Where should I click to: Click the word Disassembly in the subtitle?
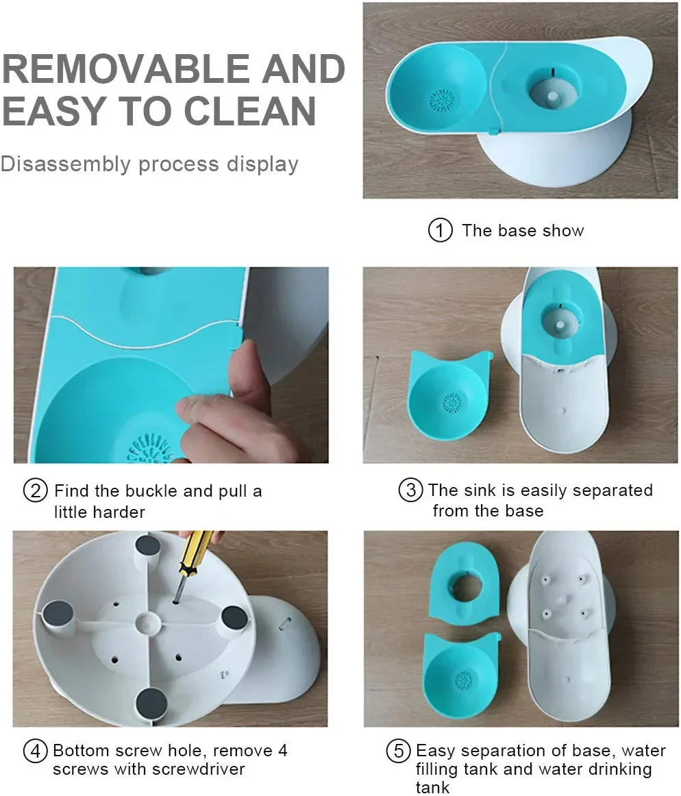pos(66,164)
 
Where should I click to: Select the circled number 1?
pos(440,230)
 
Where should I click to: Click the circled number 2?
pos(35,491)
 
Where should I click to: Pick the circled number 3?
pos(410,490)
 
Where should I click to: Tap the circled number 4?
pos(35,750)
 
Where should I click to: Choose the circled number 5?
pos(398,751)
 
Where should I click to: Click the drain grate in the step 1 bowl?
pos(442,101)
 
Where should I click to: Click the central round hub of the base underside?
pos(146,623)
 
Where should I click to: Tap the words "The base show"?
pos(523,230)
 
